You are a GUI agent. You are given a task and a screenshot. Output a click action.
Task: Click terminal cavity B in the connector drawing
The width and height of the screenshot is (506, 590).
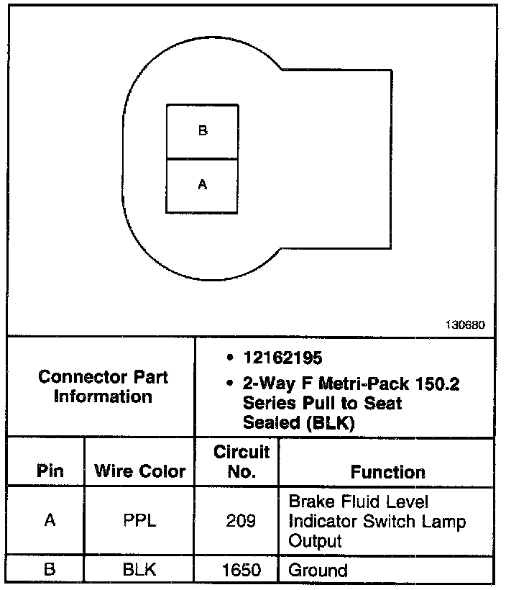point(203,131)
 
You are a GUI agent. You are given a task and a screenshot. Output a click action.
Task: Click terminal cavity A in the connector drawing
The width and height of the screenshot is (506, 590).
point(203,186)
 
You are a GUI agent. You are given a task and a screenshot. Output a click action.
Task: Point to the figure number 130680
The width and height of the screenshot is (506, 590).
point(466,324)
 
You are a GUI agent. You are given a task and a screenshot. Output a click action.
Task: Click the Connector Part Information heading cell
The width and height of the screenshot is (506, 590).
point(103,386)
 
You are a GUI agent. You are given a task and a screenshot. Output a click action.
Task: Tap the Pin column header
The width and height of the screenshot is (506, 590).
point(50,471)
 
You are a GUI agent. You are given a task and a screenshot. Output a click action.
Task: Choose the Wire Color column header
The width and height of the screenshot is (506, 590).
point(140,471)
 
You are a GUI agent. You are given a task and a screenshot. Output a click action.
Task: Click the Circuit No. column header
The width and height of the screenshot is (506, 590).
point(241,461)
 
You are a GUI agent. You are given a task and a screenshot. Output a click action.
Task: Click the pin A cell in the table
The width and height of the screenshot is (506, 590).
point(50,520)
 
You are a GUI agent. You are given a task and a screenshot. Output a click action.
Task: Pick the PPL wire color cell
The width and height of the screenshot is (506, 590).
point(140,520)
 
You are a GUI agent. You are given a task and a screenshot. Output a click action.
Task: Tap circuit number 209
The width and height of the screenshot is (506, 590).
point(241,520)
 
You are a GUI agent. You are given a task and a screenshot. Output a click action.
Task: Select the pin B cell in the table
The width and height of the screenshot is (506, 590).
point(50,571)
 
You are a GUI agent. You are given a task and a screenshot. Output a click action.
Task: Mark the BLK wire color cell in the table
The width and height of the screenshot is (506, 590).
point(140,571)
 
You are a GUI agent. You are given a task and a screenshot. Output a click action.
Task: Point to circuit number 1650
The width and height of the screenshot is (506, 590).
point(241,571)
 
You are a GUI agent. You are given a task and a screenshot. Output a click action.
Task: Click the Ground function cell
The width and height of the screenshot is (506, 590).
point(318,571)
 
